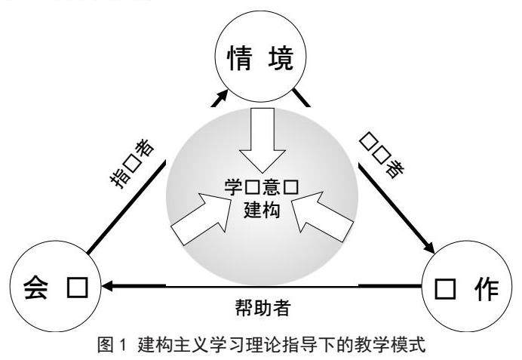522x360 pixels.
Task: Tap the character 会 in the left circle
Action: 36,288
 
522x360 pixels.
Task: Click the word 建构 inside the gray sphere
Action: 262,208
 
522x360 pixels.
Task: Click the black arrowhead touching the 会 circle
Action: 109,286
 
